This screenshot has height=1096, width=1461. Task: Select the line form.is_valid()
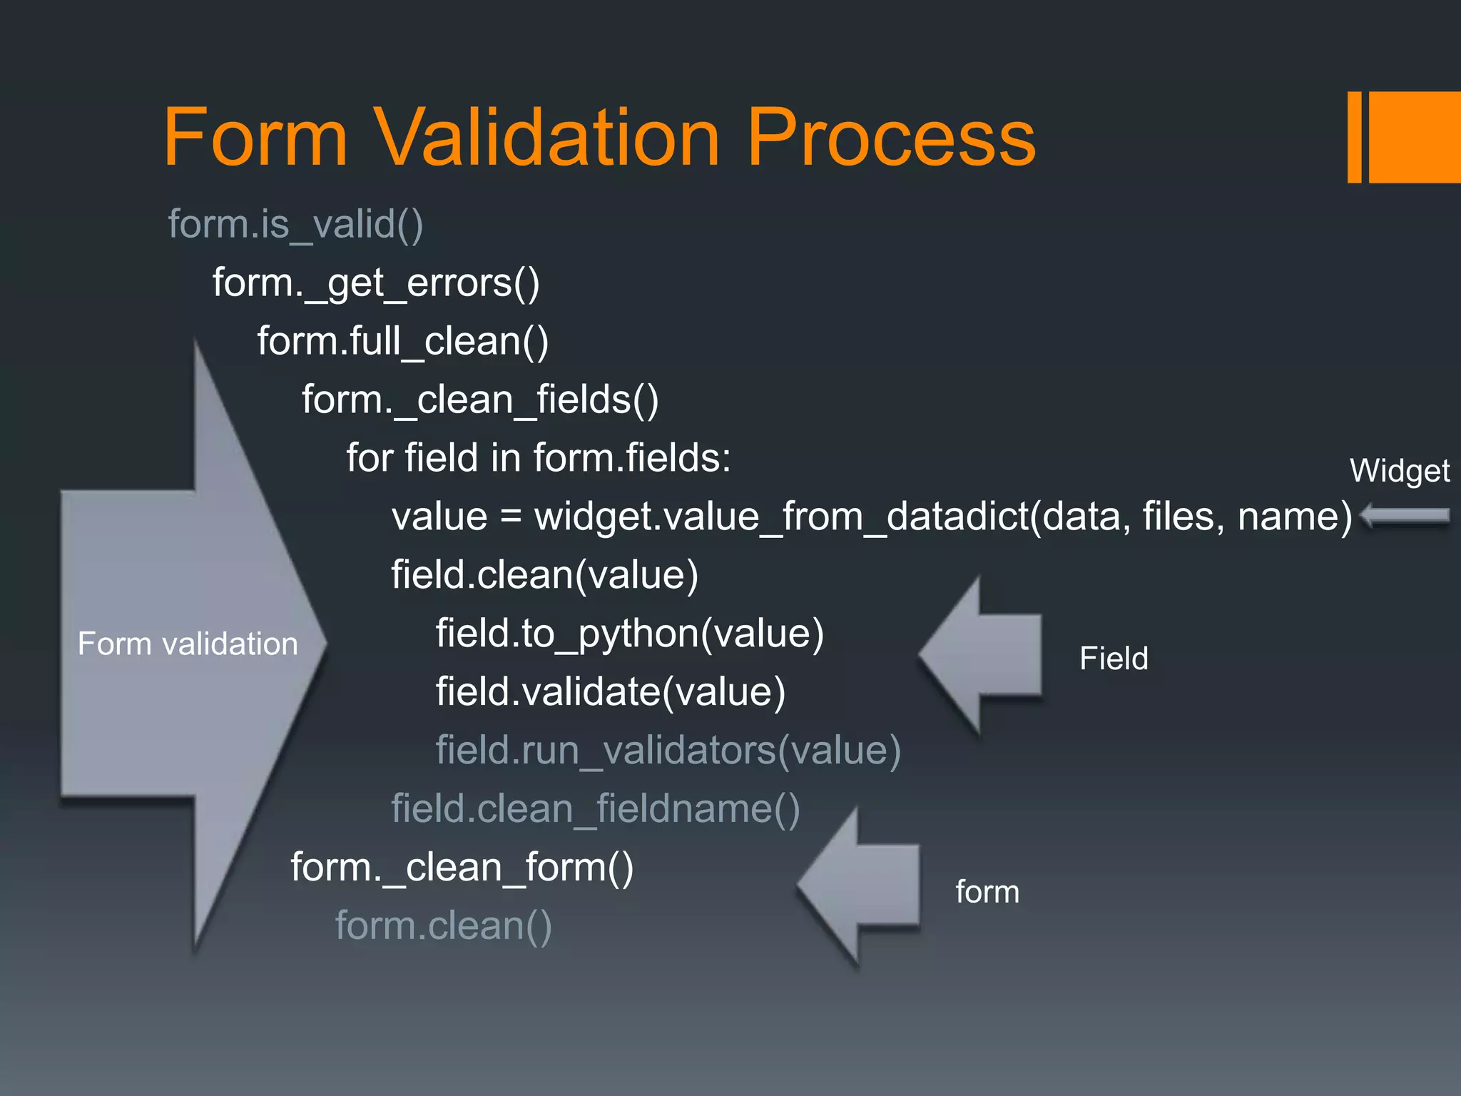pos(295,224)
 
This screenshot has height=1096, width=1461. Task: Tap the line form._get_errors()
pos(376,283)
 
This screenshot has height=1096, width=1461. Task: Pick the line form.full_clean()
pos(403,341)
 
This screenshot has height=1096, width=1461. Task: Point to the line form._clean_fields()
pos(480,400)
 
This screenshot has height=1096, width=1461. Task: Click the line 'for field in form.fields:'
pos(539,457)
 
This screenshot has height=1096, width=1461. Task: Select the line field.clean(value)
pos(544,575)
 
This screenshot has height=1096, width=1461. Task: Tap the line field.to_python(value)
pos(629,634)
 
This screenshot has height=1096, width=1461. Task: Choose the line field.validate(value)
pos(611,692)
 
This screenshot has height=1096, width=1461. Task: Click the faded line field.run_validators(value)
pos(668,751)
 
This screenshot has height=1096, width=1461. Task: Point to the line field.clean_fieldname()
pos(595,809)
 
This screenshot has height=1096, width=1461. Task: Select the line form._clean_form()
pos(462,868)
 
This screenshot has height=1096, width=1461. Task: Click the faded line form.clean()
pos(443,926)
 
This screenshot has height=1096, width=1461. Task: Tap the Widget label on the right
pos(1399,471)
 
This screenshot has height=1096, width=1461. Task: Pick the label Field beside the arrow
pos(1113,658)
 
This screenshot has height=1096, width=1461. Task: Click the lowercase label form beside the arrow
pos(987,892)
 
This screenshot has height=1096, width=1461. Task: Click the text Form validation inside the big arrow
pos(187,644)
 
